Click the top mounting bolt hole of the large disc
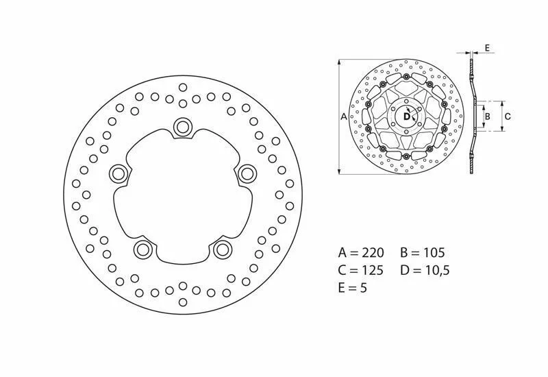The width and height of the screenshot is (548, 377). pyautogui.click(x=183, y=126)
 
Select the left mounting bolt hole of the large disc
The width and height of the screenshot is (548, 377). pyautogui.click(x=119, y=173)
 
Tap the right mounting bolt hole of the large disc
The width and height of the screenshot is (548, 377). pyautogui.click(x=247, y=173)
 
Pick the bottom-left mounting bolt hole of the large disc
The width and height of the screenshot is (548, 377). pyautogui.click(x=143, y=250)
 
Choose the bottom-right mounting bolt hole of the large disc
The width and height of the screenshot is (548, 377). pyautogui.click(x=223, y=250)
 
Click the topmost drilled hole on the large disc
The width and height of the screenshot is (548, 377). pyautogui.click(x=183, y=87)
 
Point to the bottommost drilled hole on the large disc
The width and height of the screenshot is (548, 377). pyautogui.click(x=183, y=302)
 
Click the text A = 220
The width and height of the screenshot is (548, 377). pyautogui.click(x=361, y=252)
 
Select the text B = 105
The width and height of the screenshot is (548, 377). pyautogui.click(x=423, y=252)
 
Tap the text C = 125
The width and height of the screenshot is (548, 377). pyautogui.click(x=361, y=270)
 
